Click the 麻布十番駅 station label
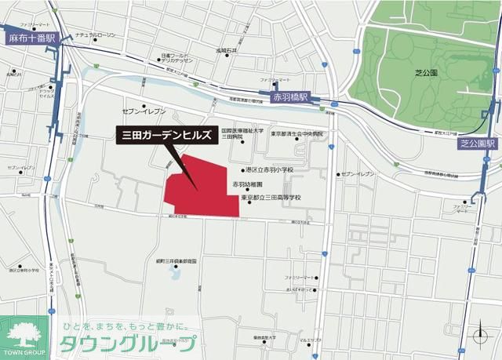click(29, 37)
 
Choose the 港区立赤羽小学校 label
click(268, 169)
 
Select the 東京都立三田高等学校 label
click(271, 198)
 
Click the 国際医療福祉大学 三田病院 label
click(242, 133)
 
